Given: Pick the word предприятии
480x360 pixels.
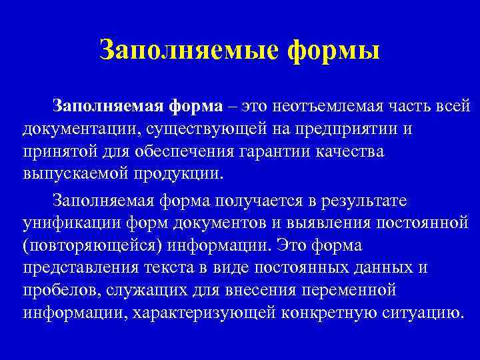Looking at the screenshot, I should coord(356,127).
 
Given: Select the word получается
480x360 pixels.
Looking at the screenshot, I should coord(244,199).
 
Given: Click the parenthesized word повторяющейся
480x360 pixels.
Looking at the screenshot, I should coord(87,245).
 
